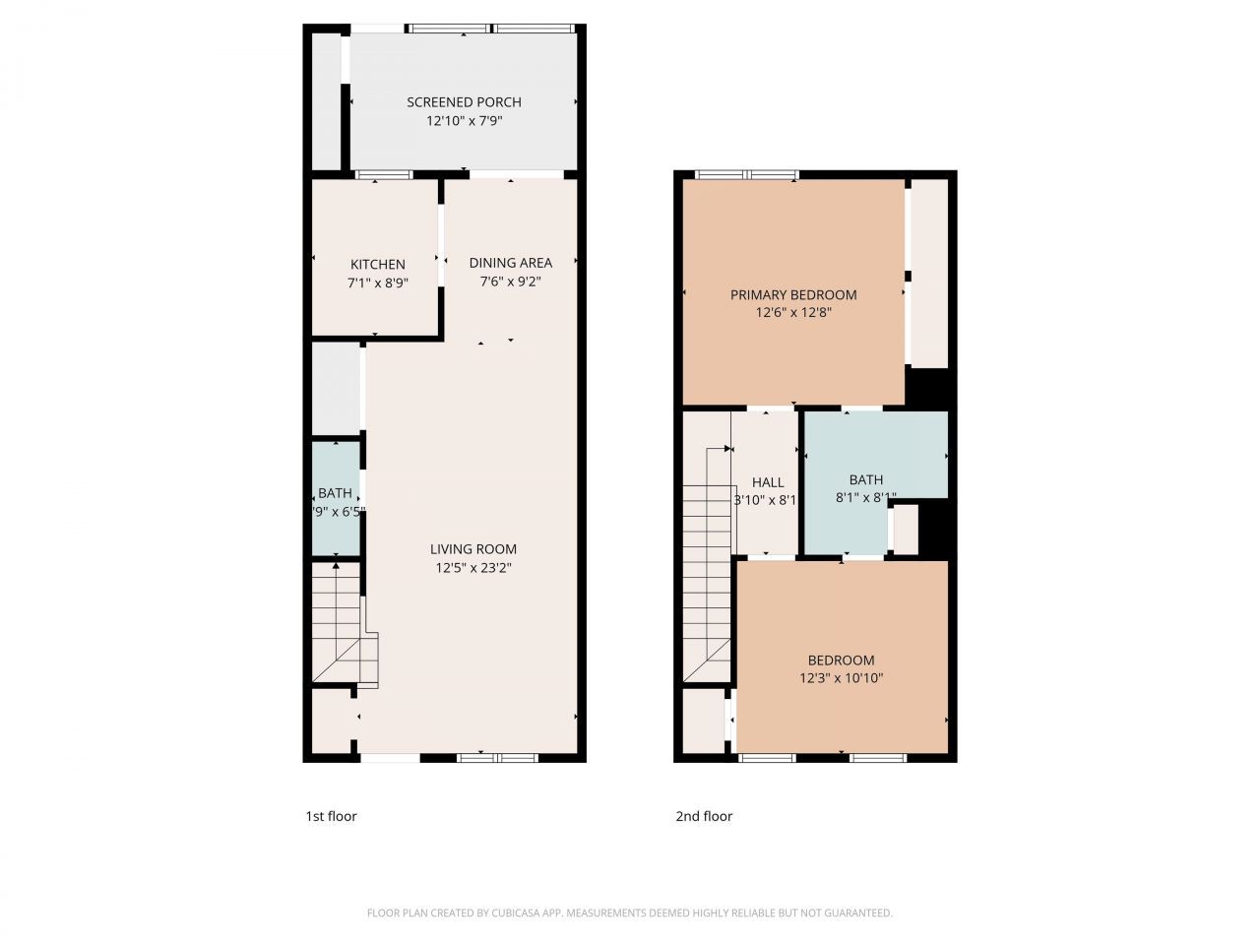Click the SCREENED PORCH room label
464,102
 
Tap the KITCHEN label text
378,265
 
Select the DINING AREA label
510,263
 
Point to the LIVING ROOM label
472,549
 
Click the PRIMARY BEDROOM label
793,295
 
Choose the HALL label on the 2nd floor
768,482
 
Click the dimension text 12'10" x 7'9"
464,121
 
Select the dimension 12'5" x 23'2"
472,568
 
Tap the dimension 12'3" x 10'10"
841,678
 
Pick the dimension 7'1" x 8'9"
378,283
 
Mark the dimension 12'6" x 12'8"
793,313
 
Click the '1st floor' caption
331,816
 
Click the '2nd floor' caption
704,816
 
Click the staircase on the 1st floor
340,625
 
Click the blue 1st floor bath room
336,499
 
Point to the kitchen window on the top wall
384,176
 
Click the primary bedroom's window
746,175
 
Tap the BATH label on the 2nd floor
866,480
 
